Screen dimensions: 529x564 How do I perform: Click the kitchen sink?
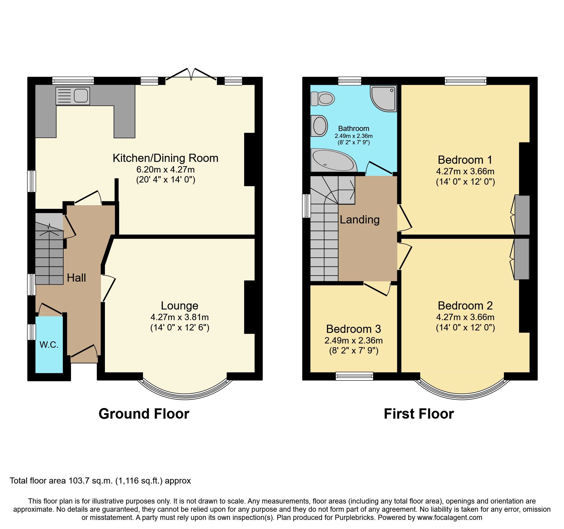(73, 96)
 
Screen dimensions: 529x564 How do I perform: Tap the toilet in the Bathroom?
(323, 99)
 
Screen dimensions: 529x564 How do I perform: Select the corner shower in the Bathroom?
(384, 98)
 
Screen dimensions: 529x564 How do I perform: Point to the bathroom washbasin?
(319, 126)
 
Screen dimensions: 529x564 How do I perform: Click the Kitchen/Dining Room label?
(166, 158)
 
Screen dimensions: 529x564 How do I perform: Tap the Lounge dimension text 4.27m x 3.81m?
(180, 317)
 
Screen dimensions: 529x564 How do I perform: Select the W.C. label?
(49, 345)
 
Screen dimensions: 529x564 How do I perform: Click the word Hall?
(76, 278)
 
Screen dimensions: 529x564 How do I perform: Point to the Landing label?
(360, 219)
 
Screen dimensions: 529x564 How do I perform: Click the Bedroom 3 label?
(354, 329)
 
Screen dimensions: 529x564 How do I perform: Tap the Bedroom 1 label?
(465, 160)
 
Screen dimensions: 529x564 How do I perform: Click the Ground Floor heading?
(144, 414)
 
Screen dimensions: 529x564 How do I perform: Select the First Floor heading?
(419, 414)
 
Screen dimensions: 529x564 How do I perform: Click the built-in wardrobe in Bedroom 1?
(522, 215)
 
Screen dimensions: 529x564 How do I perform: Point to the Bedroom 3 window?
(354, 376)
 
